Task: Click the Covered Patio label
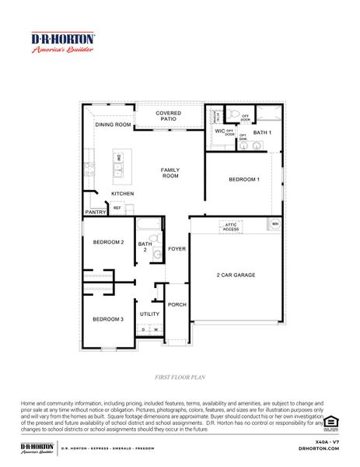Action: [x=168, y=117]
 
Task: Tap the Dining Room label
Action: [x=113, y=125]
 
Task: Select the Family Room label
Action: [x=170, y=173]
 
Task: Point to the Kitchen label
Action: [x=122, y=193]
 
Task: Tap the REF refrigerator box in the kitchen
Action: [x=117, y=208]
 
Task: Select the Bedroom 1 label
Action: [x=243, y=180]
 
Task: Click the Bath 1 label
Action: [x=262, y=132]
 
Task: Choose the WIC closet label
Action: [x=219, y=132]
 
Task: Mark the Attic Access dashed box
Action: [x=231, y=226]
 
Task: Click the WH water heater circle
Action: [x=274, y=225]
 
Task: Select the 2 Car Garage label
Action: [x=236, y=275]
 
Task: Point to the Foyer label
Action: [x=177, y=249]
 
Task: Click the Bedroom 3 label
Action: [x=108, y=319]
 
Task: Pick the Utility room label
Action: [x=149, y=314]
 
